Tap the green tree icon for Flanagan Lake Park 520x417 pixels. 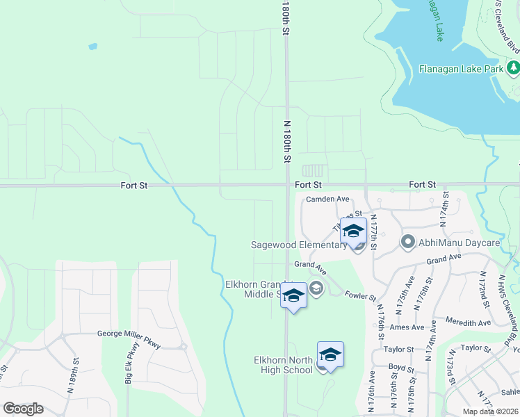(x=513, y=68)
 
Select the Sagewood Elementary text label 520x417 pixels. (x=300, y=245)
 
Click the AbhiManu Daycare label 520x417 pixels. (x=459, y=243)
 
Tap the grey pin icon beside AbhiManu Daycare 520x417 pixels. (x=407, y=243)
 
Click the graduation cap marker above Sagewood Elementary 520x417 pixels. (x=353, y=232)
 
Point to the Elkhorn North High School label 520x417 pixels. (x=283, y=364)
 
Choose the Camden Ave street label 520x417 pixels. (x=327, y=199)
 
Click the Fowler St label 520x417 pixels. (x=359, y=295)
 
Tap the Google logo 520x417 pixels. (x=23, y=409)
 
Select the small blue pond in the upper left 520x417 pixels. (x=92, y=47)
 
